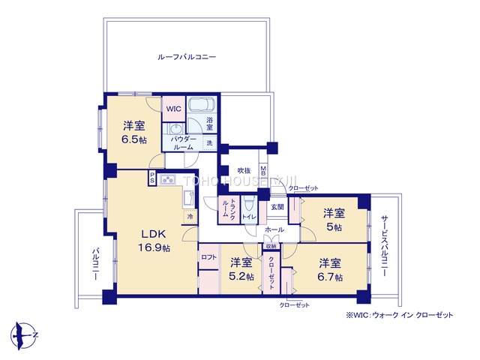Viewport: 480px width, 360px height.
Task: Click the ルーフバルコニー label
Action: [187, 57]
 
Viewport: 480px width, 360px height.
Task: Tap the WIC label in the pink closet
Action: [174, 109]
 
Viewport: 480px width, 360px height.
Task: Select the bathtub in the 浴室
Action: [200, 105]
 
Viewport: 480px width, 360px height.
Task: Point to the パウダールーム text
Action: [184, 143]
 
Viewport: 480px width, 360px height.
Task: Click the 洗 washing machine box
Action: [209, 142]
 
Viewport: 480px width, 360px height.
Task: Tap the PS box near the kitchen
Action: [152, 178]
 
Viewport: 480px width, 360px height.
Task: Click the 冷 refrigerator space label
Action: [190, 216]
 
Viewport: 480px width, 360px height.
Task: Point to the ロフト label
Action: [209, 257]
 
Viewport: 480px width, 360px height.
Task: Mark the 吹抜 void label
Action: [243, 170]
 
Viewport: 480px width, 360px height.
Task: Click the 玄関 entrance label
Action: [277, 207]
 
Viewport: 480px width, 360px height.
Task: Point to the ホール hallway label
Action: [274, 230]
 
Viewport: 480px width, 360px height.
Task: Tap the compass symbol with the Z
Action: [24, 332]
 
